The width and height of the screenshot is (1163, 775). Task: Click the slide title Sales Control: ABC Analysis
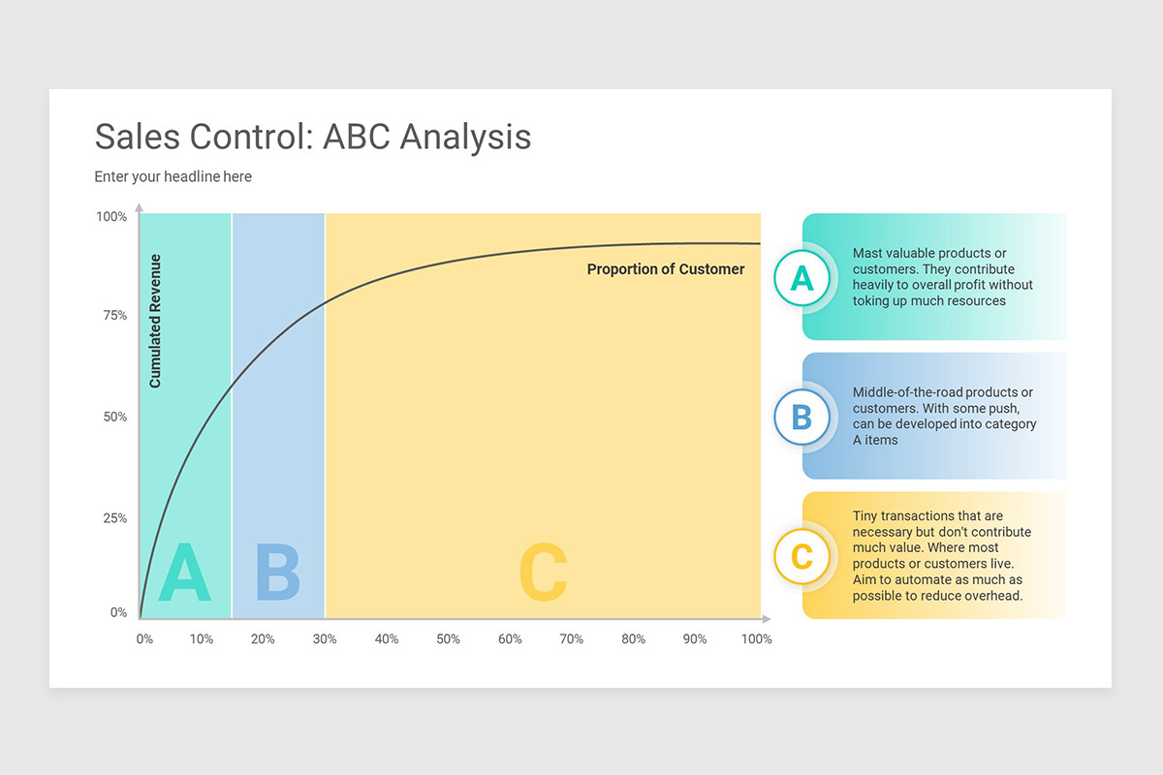click(x=312, y=137)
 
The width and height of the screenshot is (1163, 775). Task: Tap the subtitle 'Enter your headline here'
click(x=173, y=176)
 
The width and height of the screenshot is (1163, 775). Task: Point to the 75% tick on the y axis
click(x=114, y=316)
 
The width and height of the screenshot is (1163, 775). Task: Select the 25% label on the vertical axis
click(x=114, y=518)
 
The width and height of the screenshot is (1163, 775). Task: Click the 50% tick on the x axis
click(x=448, y=639)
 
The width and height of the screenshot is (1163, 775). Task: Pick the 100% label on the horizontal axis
click(x=756, y=639)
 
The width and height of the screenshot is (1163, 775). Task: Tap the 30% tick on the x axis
click(x=325, y=639)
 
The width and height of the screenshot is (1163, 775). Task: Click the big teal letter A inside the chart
click(x=184, y=573)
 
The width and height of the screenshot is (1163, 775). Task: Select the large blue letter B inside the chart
click(x=277, y=573)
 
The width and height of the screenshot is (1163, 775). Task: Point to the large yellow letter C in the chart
click(x=543, y=573)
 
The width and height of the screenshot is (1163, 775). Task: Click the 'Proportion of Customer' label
click(x=666, y=269)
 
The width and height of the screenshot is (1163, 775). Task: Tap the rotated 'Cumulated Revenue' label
click(x=155, y=321)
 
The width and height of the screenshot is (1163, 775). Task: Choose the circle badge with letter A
click(x=802, y=278)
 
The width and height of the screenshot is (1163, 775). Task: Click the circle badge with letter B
click(x=802, y=418)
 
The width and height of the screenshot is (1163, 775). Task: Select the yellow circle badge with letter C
click(x=802, y=557)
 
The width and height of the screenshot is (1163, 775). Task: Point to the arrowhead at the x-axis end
click(x=766, y=618)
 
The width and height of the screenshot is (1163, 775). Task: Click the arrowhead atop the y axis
click(x=140, y=207)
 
